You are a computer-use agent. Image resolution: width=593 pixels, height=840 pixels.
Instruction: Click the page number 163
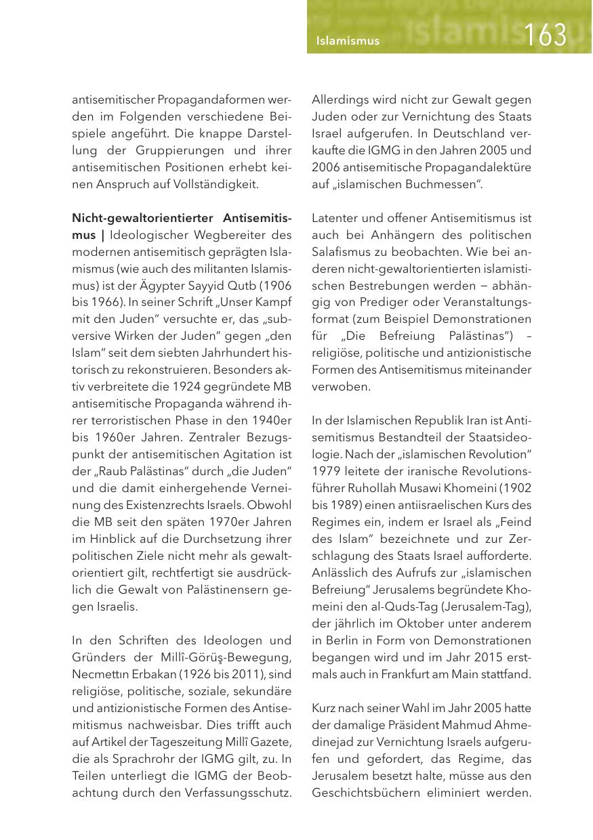(x=546, y=35)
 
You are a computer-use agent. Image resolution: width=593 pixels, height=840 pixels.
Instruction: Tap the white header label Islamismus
(x=348, y=41)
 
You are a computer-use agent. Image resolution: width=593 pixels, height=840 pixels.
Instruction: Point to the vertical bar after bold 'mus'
(x=102, y=236)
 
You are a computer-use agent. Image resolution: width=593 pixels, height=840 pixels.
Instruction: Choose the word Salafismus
(x=346, y=268)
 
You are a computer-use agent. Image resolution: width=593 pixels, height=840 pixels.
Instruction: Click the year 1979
(x=325, y=471)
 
